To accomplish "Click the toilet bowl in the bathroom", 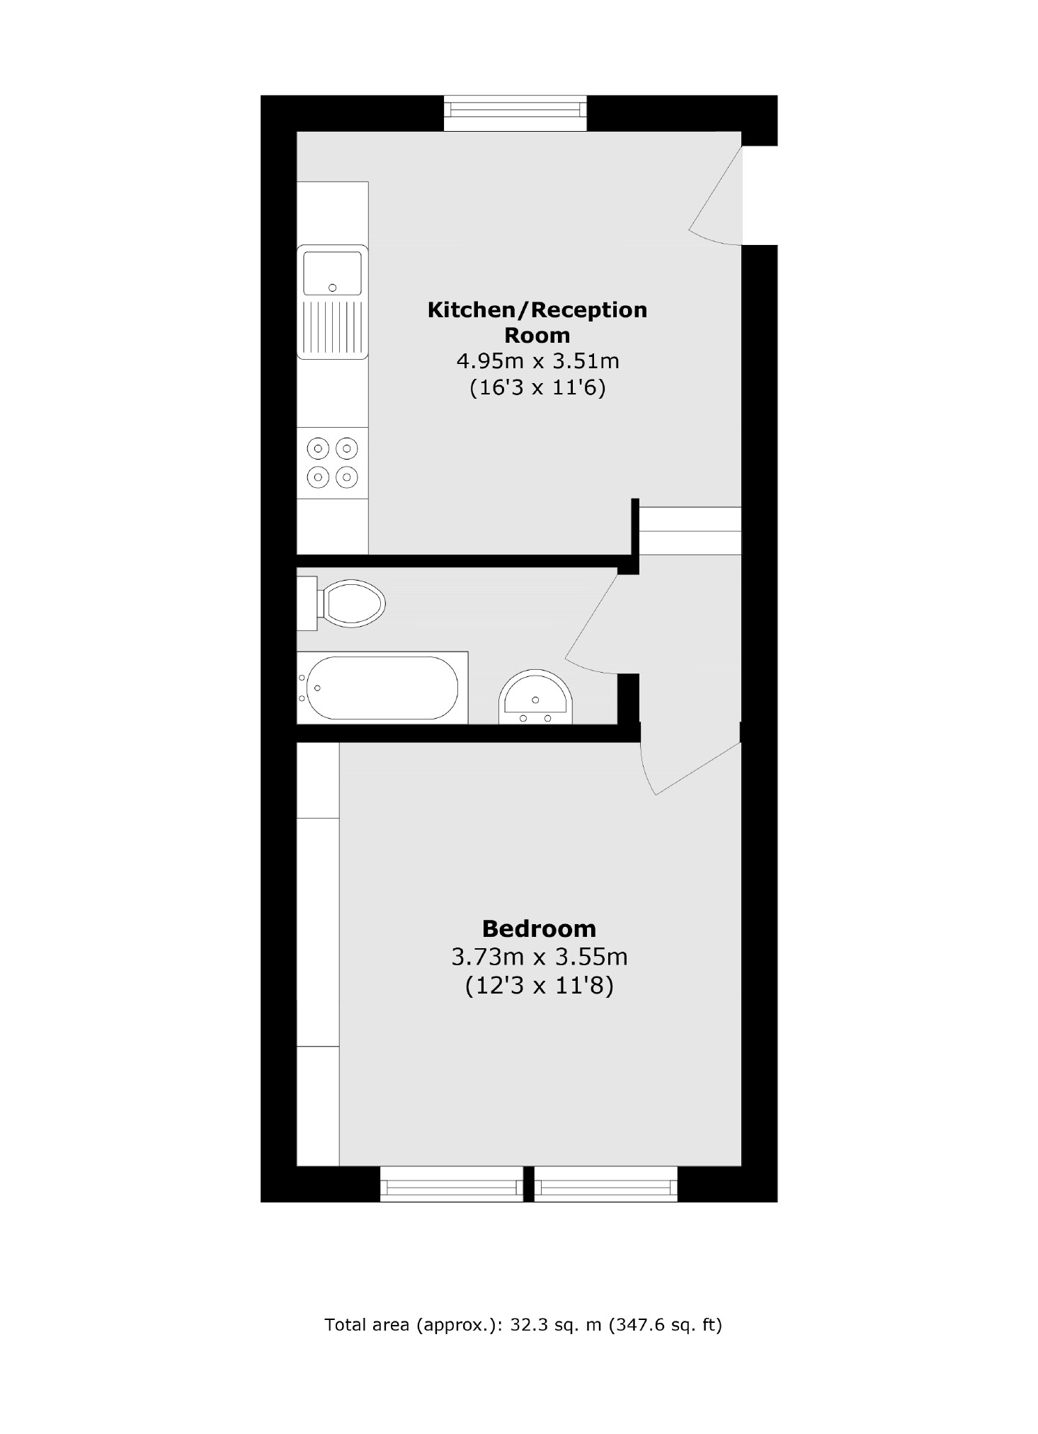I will click(353, 603).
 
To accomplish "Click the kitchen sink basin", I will click(332, 273).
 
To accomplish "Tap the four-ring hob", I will click(332, 462).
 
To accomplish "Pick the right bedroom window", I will click(605, 1184).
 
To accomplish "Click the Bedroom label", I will click(539, 928).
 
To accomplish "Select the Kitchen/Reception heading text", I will click(537, 321).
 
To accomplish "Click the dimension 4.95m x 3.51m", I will click(537, 361).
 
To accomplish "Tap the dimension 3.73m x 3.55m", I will click(539, 957).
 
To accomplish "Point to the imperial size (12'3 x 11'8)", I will click(539, 986).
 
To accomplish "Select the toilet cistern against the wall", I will click(307, 603).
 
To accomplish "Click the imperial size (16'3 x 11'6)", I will click(537, 388).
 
